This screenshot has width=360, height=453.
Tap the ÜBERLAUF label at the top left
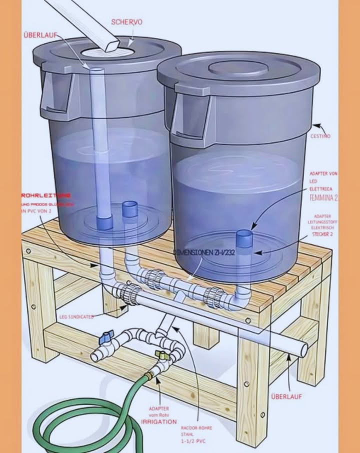(x=40, y=35)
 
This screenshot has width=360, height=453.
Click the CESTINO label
(x=320, y=136)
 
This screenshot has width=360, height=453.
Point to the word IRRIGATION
(x=158, y=422)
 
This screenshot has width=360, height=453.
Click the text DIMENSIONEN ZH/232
(x=203, y=252)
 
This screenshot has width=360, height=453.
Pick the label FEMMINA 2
(x=323, y=198)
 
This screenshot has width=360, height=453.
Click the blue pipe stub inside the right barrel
(x=244, y=237)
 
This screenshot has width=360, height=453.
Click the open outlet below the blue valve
(x=95, y=356)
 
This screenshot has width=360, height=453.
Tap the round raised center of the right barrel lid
(x=238, y=68)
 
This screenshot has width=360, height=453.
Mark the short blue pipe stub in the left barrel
(x=130, y=208)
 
